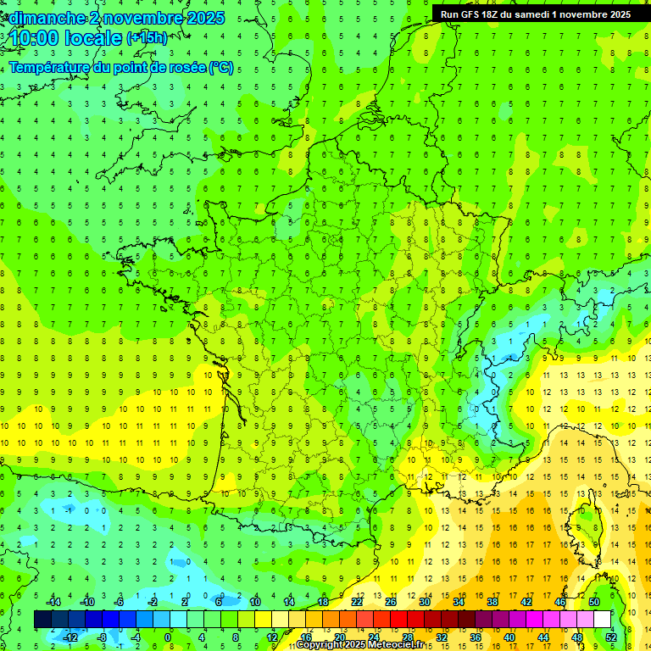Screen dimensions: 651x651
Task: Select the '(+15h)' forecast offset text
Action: (147, 38)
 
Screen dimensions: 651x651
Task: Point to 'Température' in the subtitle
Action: (51, 68)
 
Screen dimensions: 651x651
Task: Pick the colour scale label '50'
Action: (594, 602)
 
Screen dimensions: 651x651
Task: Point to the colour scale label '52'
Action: (611, 637)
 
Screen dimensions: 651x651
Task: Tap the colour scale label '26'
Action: (390, 602)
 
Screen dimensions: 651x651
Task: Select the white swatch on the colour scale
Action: (602, 619)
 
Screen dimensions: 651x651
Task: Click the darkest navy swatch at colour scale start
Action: (42, 619)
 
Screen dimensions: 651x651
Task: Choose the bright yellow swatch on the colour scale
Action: (263, 619)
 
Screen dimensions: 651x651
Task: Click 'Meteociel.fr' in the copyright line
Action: (396, 645)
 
